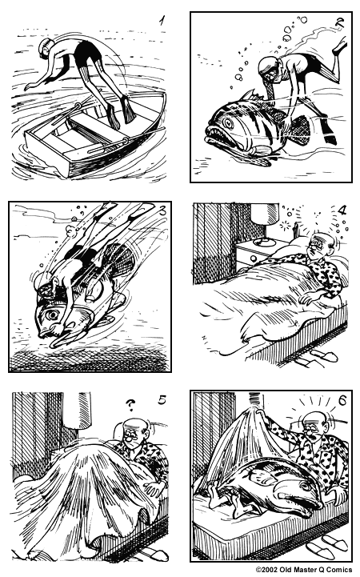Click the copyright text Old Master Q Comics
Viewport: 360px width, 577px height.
[x=306, y=570]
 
